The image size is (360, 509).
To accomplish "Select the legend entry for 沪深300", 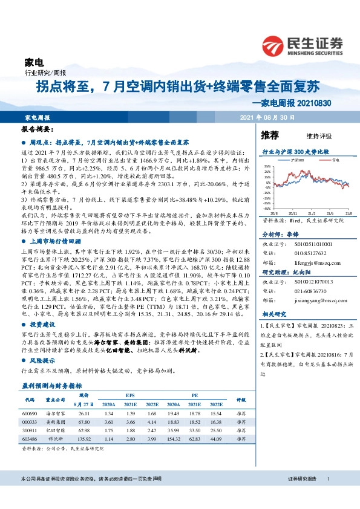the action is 297,160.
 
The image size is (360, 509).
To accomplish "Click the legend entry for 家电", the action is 335,160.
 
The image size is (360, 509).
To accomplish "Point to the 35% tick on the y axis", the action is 267,166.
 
